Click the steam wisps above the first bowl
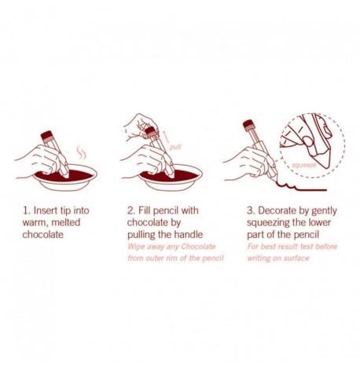tap(81, 153)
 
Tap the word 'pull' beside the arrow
tap(175, 147)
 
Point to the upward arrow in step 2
tap(165, 137)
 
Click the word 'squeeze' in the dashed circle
tap(304, 165)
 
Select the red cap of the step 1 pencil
tap(46, 135)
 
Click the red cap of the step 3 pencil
tap(248, 124)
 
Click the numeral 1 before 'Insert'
tap(26, 210)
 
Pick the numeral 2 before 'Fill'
tap(130, 210)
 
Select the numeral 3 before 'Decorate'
tap(250, 210)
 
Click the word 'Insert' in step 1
tap(45, 210)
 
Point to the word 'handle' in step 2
tap(189, 234)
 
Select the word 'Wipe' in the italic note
tap(136, 247)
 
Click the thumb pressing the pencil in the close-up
tap(308, 141)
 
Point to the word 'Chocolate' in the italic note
tap(198, 247)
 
